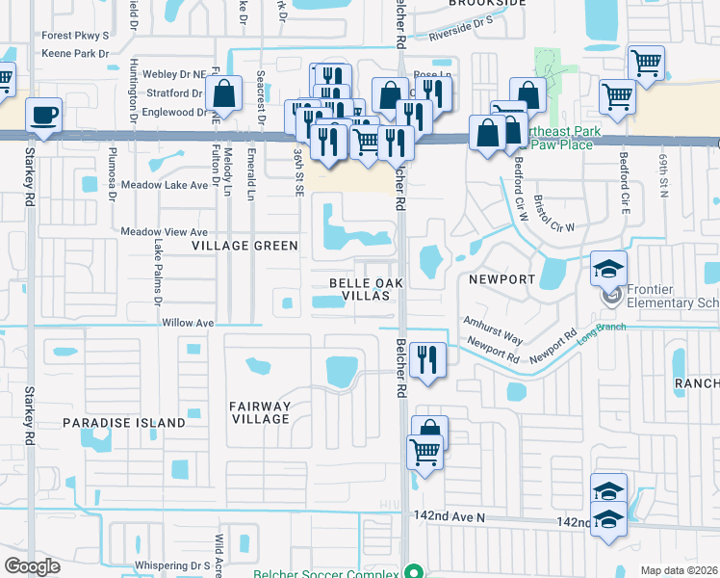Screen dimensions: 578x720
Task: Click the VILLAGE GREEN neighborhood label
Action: click(x=244, y=246)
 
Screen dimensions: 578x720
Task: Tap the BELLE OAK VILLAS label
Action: click(x=361, y=289)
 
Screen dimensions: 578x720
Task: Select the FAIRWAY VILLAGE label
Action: click(x=260, y=412)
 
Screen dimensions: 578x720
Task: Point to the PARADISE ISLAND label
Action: click(x=124, y=423)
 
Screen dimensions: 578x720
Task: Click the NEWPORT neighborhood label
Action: click(x=501, y=279)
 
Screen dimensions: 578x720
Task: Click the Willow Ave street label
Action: click(x=187, y=323)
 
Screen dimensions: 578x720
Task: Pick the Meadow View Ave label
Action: click(x=164, y=232)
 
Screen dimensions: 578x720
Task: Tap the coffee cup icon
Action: click(x=44, y=116)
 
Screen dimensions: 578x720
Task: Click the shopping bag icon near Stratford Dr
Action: click(x=223, y=95)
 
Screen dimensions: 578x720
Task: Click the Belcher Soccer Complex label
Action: click(x=326, y=573)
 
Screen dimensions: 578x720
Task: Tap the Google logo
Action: click(x=33, y=565)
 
